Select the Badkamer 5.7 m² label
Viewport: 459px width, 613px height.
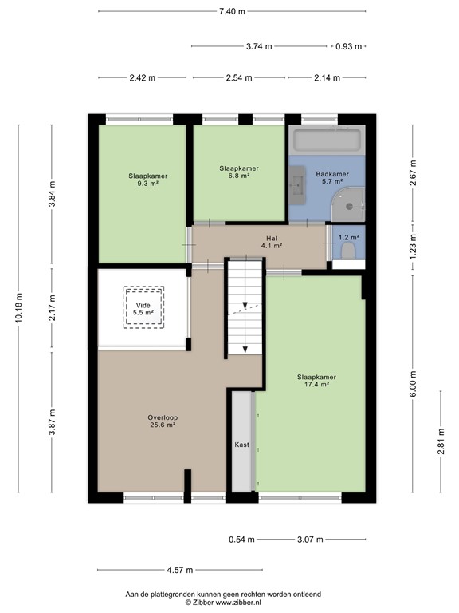pyautogui.click(x=331, y=178)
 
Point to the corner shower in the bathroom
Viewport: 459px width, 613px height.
pyautogui.click(x=351, y=204)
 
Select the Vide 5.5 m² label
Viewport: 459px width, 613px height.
pyautogui.click(x=143, y=308)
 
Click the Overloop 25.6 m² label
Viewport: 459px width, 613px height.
pyautogui.click(x=161, y=421)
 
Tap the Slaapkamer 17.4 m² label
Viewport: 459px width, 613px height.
pyautogui.click(x=316, y=380)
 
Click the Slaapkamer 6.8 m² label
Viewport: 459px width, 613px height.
pyautogui.click(x=239, y=172)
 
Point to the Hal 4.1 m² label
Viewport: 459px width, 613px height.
pyautogui.click(x=271, y=243)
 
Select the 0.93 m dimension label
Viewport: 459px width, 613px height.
pyautogui.click(x=348, y=46)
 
